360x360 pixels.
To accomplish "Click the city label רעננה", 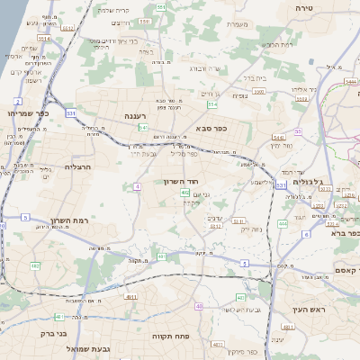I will coord(141,117).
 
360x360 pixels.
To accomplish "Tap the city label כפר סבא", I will coord(211,129).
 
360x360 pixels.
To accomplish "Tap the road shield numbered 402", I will coord(184,193).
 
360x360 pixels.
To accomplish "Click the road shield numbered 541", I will coord(143,128).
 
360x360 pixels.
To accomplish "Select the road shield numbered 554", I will coord(211,104).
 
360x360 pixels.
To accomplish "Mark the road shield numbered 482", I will coord(35,266).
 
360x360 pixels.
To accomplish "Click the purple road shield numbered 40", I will coord(198,307).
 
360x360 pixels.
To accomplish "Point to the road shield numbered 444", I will coord(282,223).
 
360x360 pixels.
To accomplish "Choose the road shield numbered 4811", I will coord(131,296).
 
